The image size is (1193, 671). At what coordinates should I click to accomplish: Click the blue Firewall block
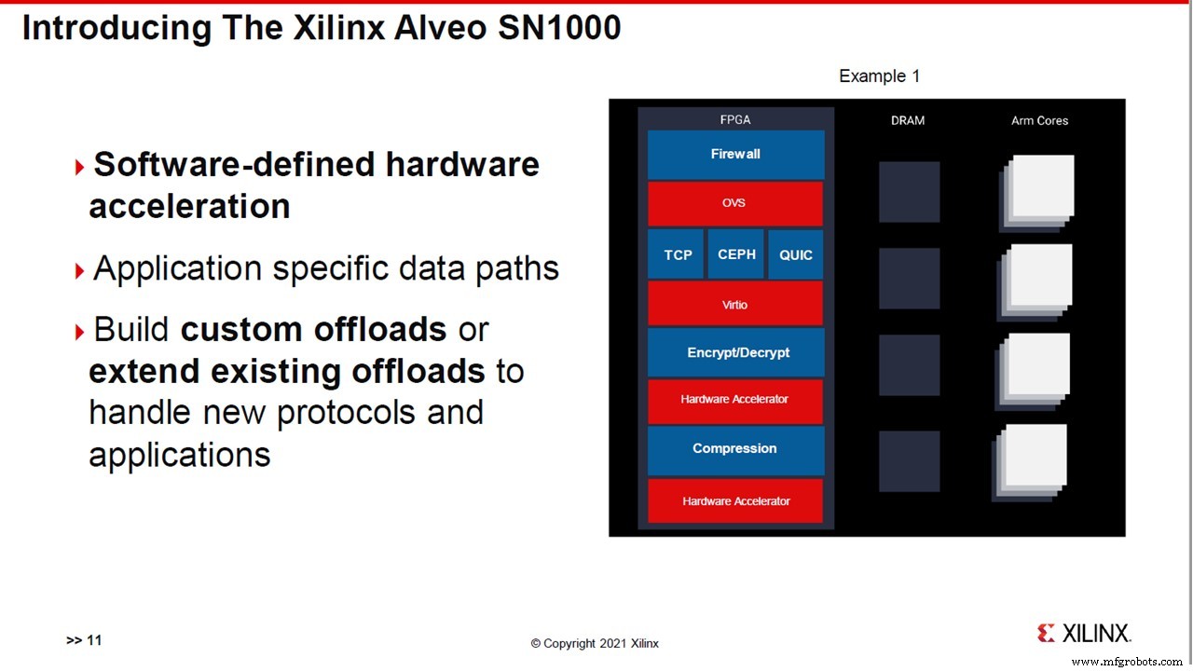(x=735, y=155)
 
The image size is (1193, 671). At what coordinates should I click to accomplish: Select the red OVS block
(x=735, y=203)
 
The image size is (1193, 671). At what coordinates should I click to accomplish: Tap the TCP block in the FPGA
(x=678, y=254)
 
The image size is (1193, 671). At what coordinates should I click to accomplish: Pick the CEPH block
(x=736, y=254)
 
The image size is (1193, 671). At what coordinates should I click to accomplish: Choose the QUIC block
(x=796, y=254)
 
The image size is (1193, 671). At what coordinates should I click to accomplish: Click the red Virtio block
(x=735, y=304)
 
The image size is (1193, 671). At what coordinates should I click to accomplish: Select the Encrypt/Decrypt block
(x=737, y=352)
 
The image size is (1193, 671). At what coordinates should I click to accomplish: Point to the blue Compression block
(x=735, y=448)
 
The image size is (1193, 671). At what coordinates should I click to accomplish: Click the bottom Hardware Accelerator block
(x=735, y=500)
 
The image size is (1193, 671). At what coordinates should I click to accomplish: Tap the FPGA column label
(x=735, y=119)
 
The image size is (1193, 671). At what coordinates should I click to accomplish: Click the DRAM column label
(x=908, y=120)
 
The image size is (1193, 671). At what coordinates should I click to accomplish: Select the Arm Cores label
(x=1040, y=120)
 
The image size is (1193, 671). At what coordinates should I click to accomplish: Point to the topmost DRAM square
(x=909, y=192)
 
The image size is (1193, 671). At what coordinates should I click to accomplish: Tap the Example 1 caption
(x=879, y=76)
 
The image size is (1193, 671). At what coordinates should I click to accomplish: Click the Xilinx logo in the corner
(x=1085, y=633)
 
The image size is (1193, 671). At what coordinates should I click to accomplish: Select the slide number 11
(x=94, y=639)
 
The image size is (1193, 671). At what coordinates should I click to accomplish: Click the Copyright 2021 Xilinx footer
(x=595, y=643)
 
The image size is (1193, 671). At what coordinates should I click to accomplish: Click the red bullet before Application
(x=79, y=271)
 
